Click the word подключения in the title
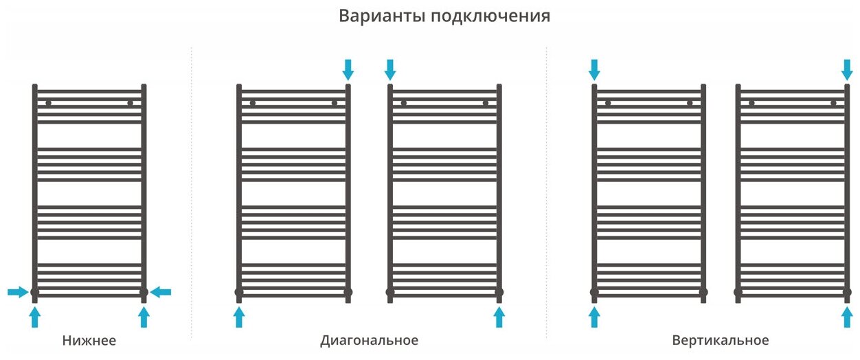[x=490, y=16]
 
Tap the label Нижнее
[x=89, y=341]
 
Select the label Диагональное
[x=369, y=341]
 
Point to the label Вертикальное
[x=721, y=341]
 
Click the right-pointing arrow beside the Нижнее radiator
[x=18, y=293]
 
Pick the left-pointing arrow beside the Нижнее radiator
[x=161, y=293]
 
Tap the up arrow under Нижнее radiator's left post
[x=35, y=317]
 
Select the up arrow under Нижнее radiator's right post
[x=144, y=317]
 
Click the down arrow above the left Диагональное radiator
[x=348, y=69]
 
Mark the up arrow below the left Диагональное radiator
[x=239, y=317]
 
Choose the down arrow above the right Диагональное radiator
[x=390, y=69]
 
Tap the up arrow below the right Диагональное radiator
[x=499, y=317]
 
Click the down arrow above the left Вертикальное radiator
[x=594, y=69]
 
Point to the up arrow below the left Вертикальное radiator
[x=594, y=317]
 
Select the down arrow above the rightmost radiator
[x=847, y=69]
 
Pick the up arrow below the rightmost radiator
[x=847, y=317]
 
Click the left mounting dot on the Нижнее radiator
[x=49, y=103]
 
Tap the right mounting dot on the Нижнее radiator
[x=130, y=103]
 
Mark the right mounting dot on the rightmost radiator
[x=833, y=103]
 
